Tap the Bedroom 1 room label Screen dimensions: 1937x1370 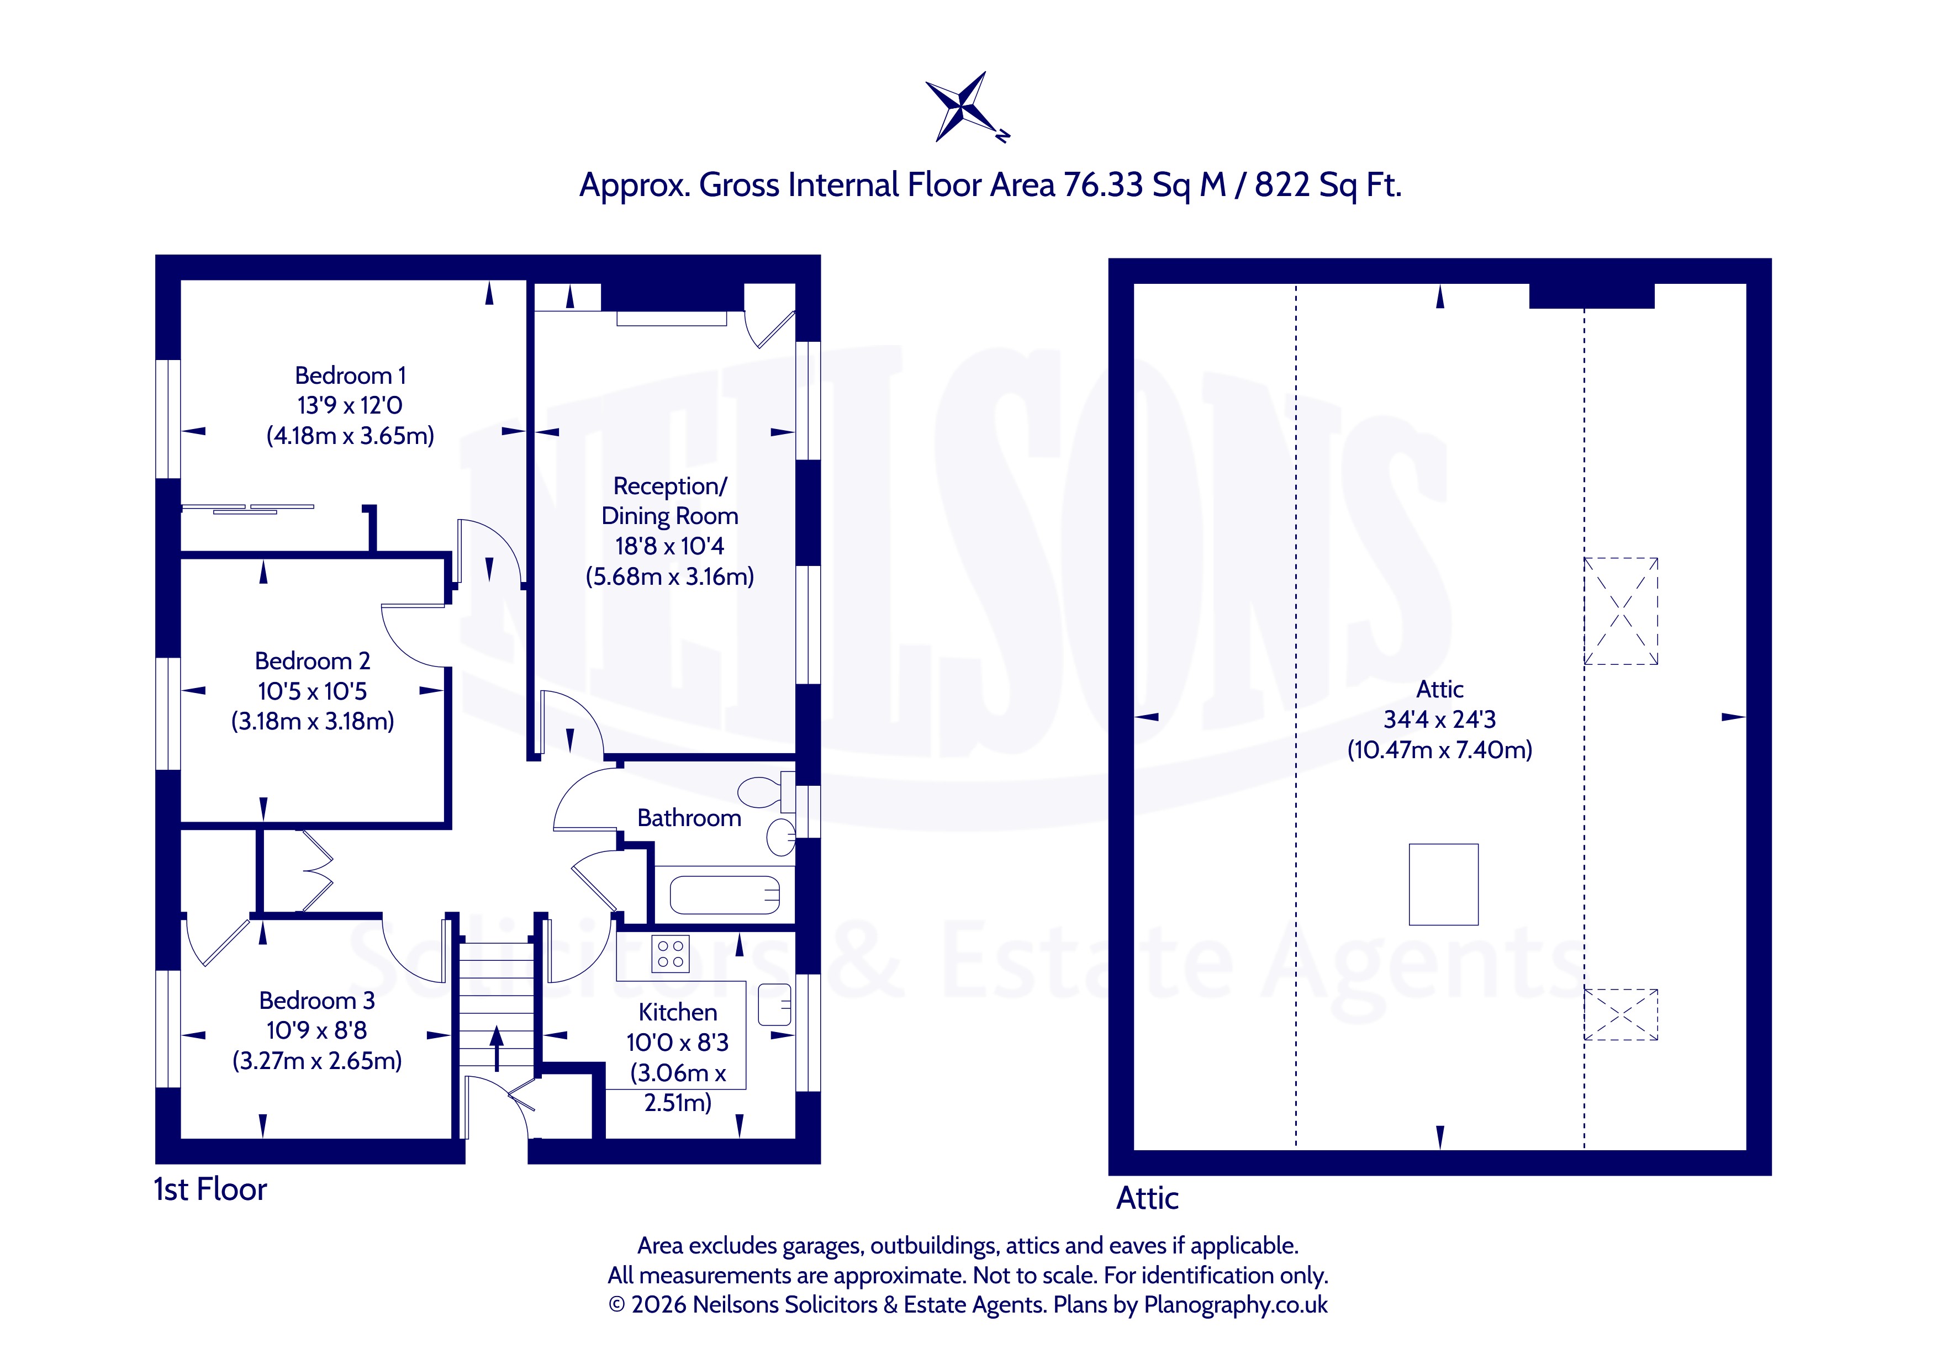tap(350, 375)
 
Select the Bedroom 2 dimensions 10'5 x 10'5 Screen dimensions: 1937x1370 tap(312, 692)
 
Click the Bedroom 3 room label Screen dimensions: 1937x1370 tap(316, 1001)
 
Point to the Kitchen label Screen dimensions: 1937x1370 tap(678, 1012)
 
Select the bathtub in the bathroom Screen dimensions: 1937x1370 tap(725, 895)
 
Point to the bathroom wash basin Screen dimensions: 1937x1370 tap(781, 838)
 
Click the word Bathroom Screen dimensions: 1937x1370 tap(689, 818)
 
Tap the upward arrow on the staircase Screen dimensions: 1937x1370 tap(497, 1048)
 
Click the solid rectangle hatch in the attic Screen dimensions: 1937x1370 tap(1443, 884)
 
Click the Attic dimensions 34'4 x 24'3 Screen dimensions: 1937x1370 tap(1439, 720)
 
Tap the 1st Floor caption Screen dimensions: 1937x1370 tap(210, 1189)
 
